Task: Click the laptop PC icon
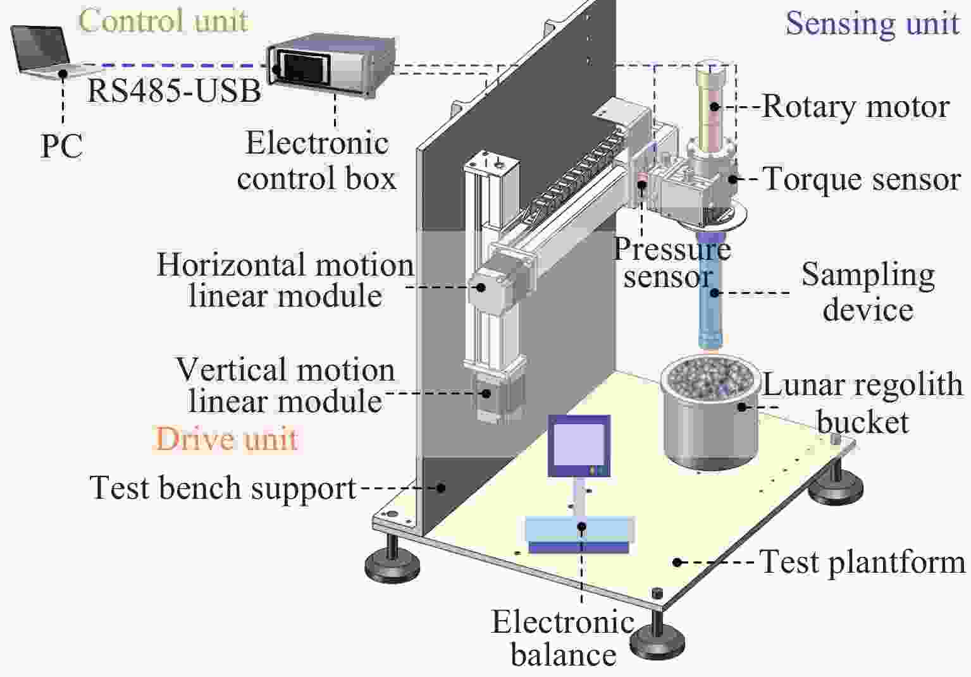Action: [43, 52]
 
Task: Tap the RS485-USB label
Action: [174, 90]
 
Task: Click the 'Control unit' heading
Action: [164, 20]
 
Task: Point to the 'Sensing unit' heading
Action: [872, 23]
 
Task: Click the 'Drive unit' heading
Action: [226, 439]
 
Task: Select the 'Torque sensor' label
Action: [862, 180]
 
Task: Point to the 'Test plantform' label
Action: [863, 562]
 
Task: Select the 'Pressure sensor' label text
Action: [672, 263]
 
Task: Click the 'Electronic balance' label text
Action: [563, 638]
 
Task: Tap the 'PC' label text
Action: [61, 147]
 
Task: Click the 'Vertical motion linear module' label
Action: [285, 386]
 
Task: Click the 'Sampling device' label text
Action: [868, 292]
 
